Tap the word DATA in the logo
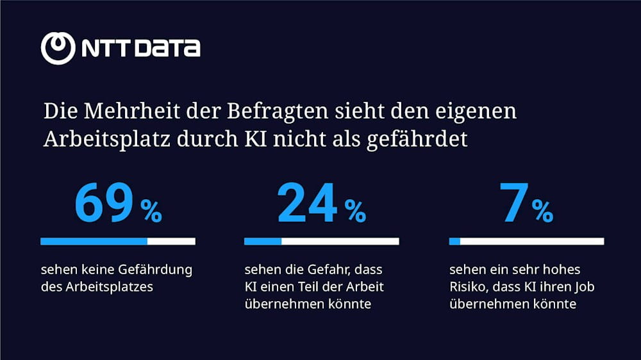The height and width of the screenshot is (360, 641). click(169, 49)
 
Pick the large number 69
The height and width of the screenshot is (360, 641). click(104, 204)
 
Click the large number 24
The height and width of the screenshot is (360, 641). click(307, 204)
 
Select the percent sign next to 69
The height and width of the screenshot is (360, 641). click(152, 211)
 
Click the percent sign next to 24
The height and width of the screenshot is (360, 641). click(355, 211)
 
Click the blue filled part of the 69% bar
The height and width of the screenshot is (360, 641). click(94, 241)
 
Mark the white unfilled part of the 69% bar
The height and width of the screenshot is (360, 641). click(171, 241)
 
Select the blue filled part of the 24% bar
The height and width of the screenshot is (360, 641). click(263, 241)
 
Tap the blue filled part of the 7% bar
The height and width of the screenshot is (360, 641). click(454, 241)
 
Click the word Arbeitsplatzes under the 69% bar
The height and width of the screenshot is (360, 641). click(110, 287)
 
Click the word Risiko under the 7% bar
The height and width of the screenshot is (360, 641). click(467, 287)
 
